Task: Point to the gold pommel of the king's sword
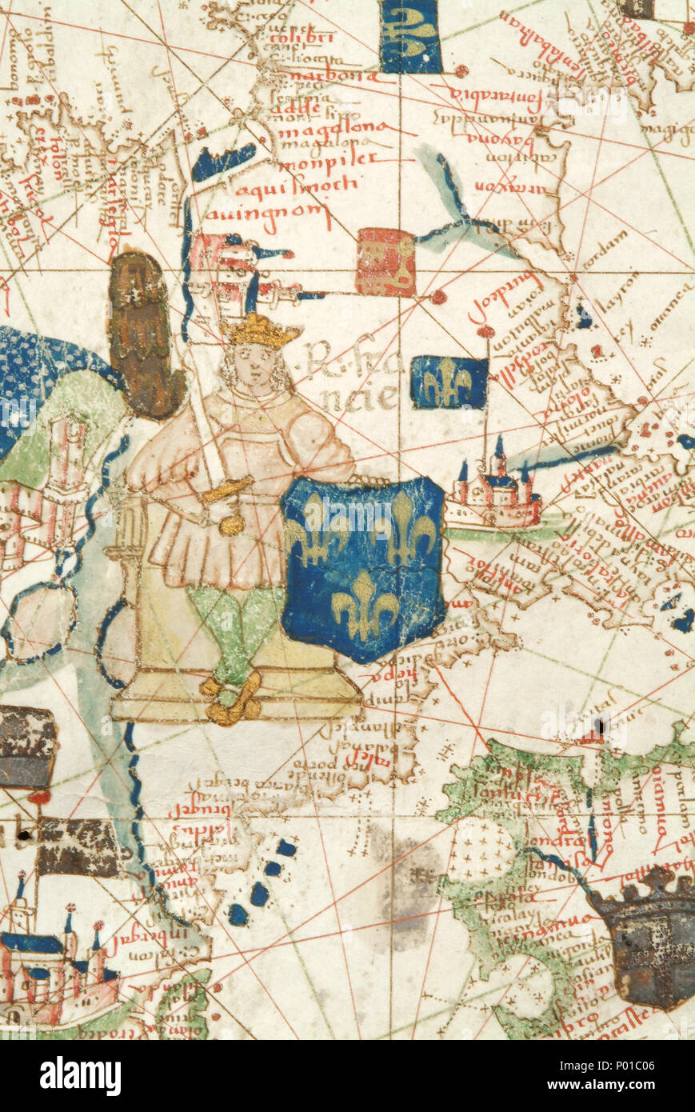(232, 525)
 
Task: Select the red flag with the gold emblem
(385, 262)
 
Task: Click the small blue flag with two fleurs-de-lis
(449, 382)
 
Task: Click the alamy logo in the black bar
(80, 1076)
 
